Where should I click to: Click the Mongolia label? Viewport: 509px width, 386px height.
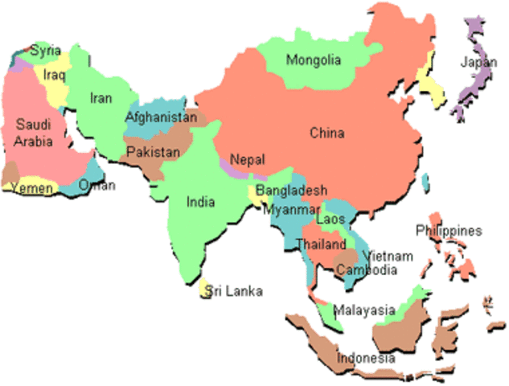[314, 60]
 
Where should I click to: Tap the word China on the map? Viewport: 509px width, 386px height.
[327, 133]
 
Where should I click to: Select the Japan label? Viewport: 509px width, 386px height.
[478, 63]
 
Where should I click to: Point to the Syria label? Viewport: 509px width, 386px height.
[46, 51]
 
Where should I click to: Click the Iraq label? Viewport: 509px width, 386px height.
[55, 75]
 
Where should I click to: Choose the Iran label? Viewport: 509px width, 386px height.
[101, 98]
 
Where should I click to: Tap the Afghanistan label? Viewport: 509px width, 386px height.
[161, 117]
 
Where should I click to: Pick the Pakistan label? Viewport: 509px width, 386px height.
[153, 152]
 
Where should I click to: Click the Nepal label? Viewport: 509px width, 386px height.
[247, 160]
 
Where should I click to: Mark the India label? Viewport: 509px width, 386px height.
[201, 203]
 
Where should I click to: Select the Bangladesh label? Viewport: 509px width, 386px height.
[291, 191]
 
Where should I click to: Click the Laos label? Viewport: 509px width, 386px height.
[330, 219]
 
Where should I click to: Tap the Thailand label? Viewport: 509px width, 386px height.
[320, 244]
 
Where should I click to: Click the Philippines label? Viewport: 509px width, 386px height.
[449, 231]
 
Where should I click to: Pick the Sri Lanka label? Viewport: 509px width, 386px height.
[235, 291]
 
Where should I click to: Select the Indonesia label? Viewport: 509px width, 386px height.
[366, 358]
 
